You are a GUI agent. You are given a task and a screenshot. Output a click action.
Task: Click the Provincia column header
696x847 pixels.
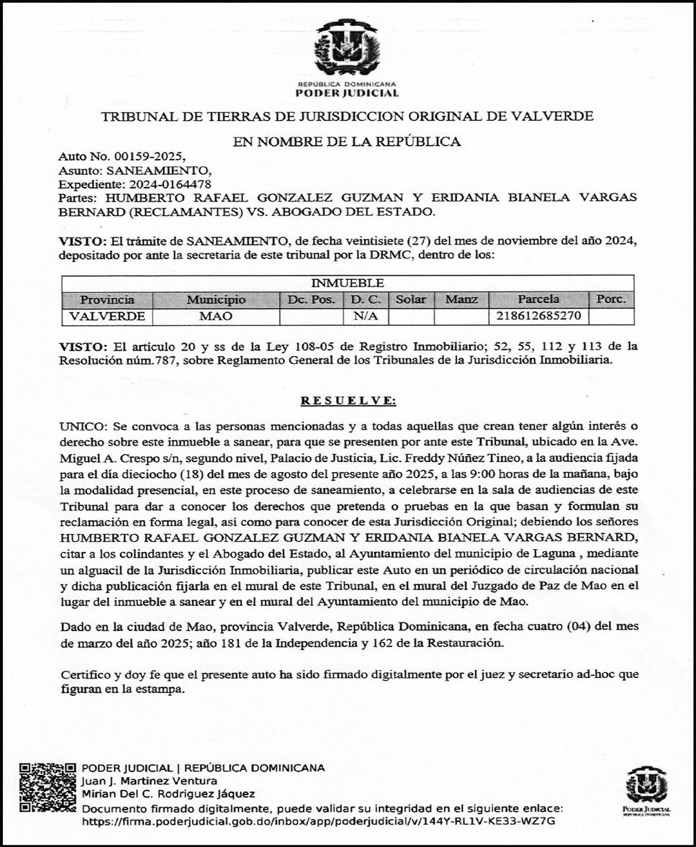tap(107, 299)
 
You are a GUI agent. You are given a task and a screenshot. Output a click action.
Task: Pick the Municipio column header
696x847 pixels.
tap(215, 299)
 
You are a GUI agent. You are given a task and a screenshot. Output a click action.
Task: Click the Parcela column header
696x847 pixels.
tap(538, 299)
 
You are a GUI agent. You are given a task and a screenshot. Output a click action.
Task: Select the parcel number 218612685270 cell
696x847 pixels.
tap(538, 316)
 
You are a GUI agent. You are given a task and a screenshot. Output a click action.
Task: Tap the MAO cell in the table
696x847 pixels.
tap(215, 316)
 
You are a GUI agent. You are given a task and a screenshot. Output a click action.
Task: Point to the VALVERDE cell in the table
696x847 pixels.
tap(107, 316)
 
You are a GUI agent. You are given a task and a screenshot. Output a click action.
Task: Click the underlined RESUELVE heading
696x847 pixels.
tap(348, 401)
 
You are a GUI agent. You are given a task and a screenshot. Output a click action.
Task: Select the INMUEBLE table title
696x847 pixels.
tap(347, 283)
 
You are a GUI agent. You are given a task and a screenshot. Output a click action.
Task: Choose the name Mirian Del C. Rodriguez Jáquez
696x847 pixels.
tap(168, 794)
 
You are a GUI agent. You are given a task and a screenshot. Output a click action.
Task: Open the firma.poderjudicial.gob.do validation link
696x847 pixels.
tap(319, 820)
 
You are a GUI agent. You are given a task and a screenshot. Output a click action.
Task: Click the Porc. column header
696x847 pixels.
tap(611, 299)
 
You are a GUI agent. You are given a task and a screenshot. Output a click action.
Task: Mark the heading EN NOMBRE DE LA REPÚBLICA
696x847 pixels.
tap(347, 141)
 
